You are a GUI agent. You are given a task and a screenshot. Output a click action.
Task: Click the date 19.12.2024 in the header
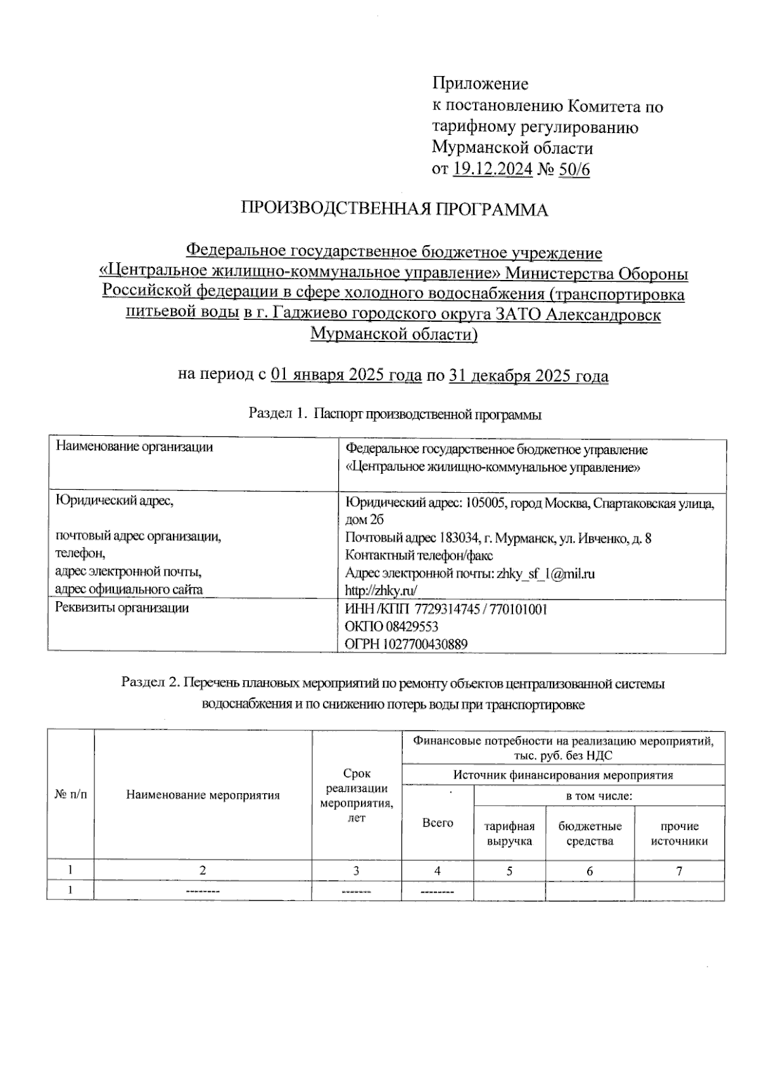pos(493,169)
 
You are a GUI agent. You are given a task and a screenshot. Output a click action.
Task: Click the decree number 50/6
pos(575,169)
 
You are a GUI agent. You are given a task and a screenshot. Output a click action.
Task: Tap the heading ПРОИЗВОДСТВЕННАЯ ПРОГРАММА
pos(394,210)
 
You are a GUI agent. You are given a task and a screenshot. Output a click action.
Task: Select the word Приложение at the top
pos(480,84)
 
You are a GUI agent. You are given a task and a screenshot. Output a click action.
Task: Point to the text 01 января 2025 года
pos(346,376)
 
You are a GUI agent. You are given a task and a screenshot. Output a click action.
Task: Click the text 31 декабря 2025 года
pos(529,376)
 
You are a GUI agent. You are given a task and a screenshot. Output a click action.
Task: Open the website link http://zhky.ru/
pos(381,591)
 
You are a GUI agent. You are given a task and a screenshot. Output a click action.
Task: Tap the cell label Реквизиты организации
pos(122,608)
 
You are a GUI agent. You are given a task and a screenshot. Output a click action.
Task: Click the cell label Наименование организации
pos(134,447)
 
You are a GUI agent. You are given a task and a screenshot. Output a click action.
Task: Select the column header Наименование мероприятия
pos(203,795)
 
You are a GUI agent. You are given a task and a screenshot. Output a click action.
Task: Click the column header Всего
pos(438,823)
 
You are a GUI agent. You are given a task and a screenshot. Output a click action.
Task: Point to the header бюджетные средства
pos(590,834)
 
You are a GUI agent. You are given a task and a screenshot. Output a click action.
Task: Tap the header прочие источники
pos(679,834)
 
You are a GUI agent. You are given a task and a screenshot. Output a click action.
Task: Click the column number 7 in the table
pos(679,871)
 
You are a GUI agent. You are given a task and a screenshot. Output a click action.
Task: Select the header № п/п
pos(70,795)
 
